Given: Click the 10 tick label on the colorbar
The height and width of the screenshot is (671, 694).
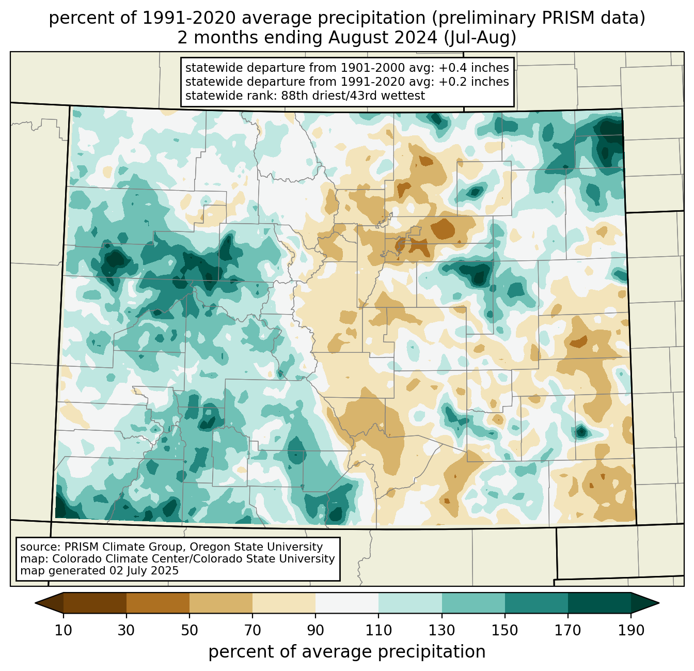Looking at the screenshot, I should [x=64, y=630].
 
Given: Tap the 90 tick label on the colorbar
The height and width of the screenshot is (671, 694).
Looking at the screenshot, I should [x=316, y=630].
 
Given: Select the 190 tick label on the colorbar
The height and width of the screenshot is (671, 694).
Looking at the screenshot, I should [x=631, y=630].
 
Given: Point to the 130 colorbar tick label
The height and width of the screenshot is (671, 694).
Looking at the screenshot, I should [x=442, y=630].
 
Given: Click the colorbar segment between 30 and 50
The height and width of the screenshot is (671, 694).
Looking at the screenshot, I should [x=158, y=603].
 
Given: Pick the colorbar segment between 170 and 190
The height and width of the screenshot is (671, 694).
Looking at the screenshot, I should [x=600, y=603].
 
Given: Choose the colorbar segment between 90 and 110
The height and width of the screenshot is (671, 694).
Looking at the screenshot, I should [x=347, y=603].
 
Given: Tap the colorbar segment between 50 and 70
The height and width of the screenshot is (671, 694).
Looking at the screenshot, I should [x=221, y=603].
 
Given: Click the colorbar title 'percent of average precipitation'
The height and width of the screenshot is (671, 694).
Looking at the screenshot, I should [x=347, y=652].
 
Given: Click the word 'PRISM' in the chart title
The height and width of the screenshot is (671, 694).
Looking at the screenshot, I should [x=543, y=19].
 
